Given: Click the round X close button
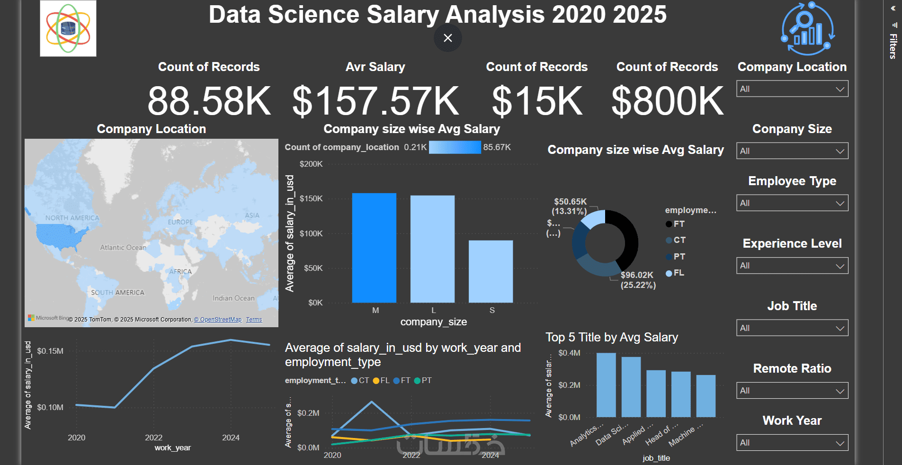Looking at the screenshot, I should tap(447, 38).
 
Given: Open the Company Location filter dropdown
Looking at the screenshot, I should tap(792, 89).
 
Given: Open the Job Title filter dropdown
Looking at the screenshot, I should tap(792, 328).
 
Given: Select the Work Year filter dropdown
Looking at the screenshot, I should tap(792, 443).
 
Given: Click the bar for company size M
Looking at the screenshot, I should tap(374, 248).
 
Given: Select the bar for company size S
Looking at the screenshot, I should tap(491, 271).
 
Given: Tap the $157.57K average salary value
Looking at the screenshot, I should tap(375, 101).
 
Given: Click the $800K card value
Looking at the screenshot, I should tap(667, 101).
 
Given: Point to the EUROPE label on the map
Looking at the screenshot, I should tap(180, 222).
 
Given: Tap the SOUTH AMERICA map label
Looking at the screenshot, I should tap(117, 293).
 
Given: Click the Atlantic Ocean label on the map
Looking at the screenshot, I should tap(123, 248).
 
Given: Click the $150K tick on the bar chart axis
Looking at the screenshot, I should tap(311, 198).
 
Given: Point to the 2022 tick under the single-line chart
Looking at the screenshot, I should tap(153, 438).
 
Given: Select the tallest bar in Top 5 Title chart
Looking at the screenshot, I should tap(606, 385).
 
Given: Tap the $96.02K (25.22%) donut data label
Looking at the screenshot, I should tap(638, 280).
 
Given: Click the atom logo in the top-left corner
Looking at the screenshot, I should tap(68, 28).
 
